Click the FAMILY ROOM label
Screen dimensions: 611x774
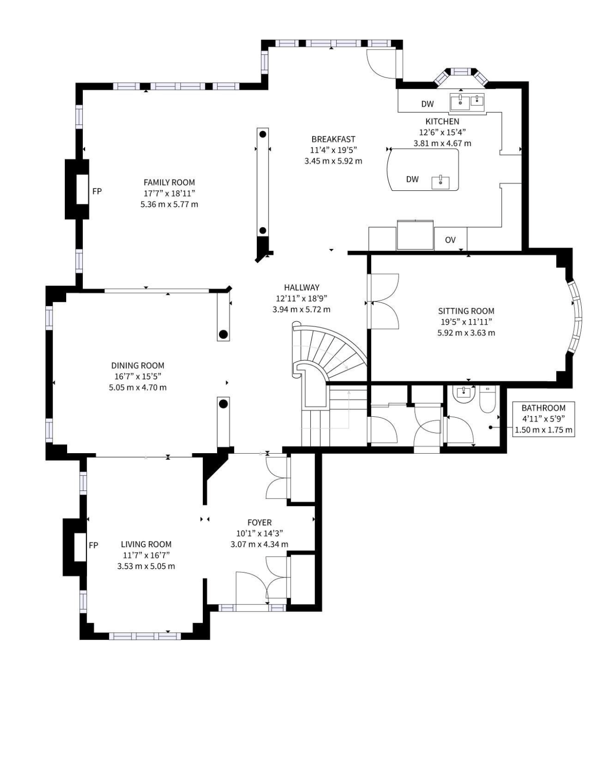pos(169,182)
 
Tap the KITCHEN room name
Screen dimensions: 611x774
pos(443,121)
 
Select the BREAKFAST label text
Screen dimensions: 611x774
pos(333,139)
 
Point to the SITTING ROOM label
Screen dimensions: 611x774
pos(466,311)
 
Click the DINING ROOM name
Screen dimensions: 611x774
pos(138,365)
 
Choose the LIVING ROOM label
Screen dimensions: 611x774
pos(146,544)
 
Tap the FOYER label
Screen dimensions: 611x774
pos(260,522)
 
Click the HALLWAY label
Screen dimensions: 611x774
pos(302,287)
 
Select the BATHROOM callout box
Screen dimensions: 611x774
pos(544,419)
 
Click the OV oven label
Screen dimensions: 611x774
pos(450,240)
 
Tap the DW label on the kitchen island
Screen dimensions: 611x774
pos(412,179)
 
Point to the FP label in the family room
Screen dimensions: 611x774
pos(97,191)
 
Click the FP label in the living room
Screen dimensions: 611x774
pos(94,545)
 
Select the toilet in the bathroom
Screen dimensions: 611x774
pos(488,400)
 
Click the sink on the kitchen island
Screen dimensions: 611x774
pos(440,182)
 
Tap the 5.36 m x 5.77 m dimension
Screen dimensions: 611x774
pos(169,204)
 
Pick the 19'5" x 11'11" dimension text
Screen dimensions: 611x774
pos(466,321)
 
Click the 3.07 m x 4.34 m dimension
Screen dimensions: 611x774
pos(260,544)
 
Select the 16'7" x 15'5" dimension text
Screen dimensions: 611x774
pos(138,377)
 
